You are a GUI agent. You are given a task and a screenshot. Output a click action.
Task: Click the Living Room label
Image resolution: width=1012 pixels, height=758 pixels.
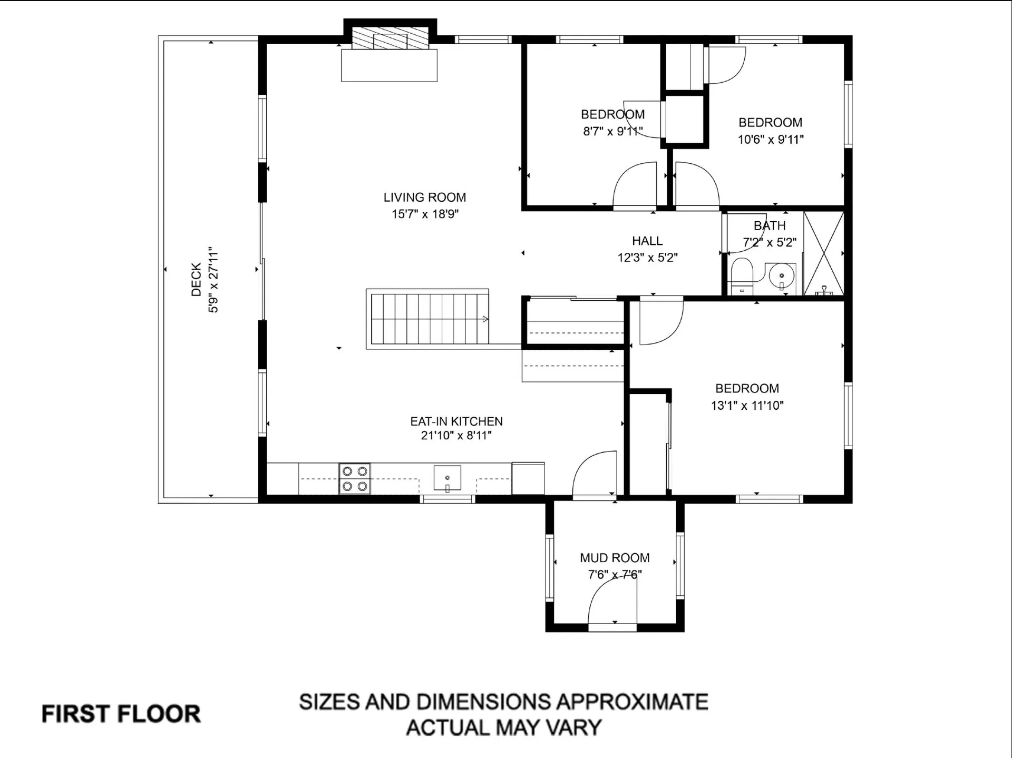424,198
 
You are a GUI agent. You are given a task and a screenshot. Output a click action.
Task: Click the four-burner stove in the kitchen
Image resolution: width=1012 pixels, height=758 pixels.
354,478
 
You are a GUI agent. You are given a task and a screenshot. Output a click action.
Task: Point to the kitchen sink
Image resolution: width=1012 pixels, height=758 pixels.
447,478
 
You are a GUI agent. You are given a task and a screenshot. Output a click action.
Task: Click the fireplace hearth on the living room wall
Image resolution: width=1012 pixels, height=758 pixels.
389,65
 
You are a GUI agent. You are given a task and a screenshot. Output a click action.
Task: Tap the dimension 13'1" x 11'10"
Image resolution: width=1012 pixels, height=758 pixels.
747,406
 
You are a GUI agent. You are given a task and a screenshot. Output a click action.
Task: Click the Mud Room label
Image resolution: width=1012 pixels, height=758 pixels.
615,558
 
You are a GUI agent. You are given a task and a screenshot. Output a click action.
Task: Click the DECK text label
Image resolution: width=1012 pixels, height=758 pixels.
196,279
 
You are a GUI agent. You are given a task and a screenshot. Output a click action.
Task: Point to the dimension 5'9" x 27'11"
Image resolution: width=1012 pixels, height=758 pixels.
213,279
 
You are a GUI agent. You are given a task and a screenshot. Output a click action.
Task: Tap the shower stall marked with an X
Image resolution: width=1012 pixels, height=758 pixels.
824,253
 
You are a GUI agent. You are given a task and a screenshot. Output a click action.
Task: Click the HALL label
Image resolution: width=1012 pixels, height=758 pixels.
647,241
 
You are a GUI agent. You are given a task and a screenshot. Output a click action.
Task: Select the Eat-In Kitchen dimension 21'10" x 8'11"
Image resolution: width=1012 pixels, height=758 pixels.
456,436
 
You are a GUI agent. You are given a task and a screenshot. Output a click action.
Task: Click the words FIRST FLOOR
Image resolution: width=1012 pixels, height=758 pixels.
121,714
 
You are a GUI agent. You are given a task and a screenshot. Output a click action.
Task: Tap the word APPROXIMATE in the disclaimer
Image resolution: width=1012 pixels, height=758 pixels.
632,702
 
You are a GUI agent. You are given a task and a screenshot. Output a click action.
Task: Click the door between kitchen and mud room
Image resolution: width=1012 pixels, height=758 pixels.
595,474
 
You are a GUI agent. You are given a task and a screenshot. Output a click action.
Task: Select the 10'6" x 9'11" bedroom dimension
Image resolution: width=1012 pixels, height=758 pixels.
770,140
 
